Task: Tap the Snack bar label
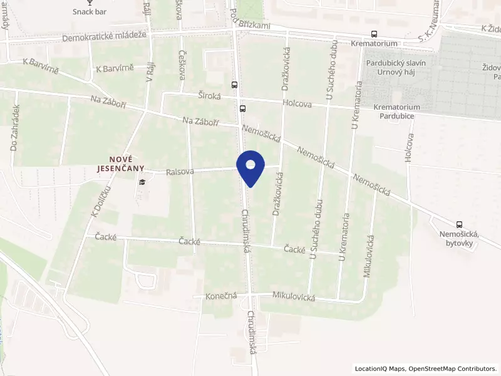90,12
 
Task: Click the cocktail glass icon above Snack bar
90,3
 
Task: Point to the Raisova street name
180,170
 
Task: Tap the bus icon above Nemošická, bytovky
460,224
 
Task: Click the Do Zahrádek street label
13,135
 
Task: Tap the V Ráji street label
149,71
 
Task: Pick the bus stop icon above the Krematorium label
374,34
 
